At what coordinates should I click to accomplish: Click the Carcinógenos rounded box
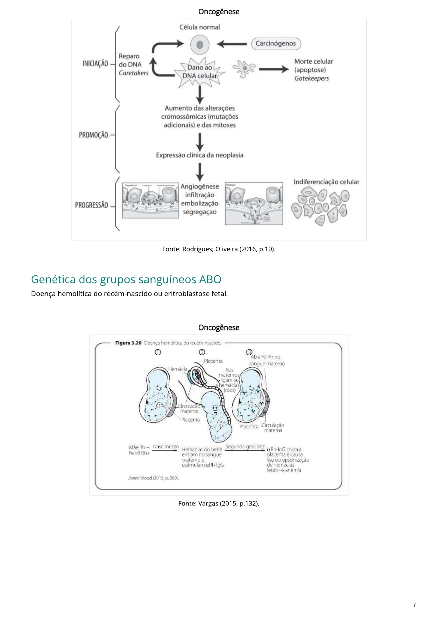(276, 44)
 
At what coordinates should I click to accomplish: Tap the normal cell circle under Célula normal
(199, 45)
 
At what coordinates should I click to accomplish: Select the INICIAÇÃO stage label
(95, 64)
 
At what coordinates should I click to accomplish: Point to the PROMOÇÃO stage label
(93, 135)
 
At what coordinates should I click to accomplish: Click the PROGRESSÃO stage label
(92, 205)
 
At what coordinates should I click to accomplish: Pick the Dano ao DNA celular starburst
(200, 72)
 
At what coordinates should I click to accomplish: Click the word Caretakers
(134, 73)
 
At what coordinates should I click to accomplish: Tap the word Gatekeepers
(311, 78)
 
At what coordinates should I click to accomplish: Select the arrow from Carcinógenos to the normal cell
(232, 44)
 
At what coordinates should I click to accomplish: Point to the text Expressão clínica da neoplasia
(199, 155)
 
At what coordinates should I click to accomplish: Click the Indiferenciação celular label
(326, 182)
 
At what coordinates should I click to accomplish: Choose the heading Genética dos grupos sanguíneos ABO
(126, 279)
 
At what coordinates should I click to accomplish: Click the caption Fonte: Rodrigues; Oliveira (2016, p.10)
(219, 249)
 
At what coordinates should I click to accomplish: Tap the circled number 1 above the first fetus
(158, 352)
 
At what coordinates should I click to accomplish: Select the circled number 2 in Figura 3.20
(202, 352)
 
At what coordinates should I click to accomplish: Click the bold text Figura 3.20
(128, 343)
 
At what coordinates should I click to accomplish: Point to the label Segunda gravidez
(245, 447)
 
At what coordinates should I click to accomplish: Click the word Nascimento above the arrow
(166, 447)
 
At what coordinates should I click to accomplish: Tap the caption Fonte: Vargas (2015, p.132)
(219, 504)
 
